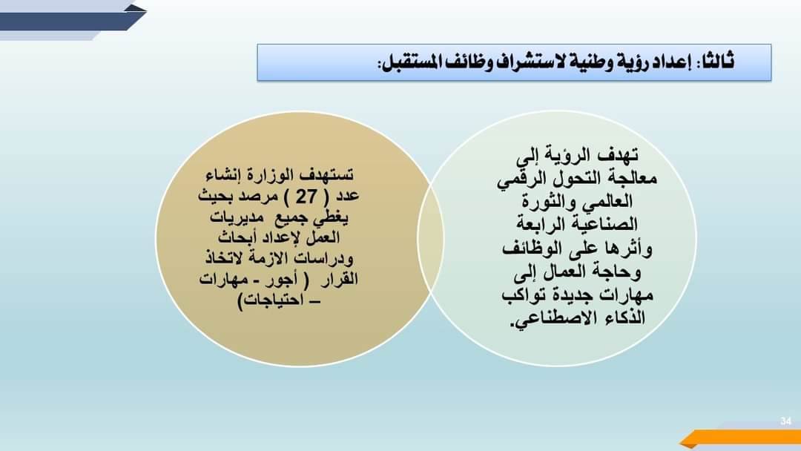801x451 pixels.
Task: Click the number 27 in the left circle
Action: click(306, 196)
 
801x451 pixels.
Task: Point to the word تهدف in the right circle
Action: click(617, 155)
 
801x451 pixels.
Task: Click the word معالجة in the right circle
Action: click(633, 178)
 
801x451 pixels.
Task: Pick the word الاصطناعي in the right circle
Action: click(547, 319)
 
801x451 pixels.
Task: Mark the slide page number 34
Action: click(785, 421)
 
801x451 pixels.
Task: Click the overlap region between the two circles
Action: click(431, 239)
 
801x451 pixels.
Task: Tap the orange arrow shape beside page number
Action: click(741, 437)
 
